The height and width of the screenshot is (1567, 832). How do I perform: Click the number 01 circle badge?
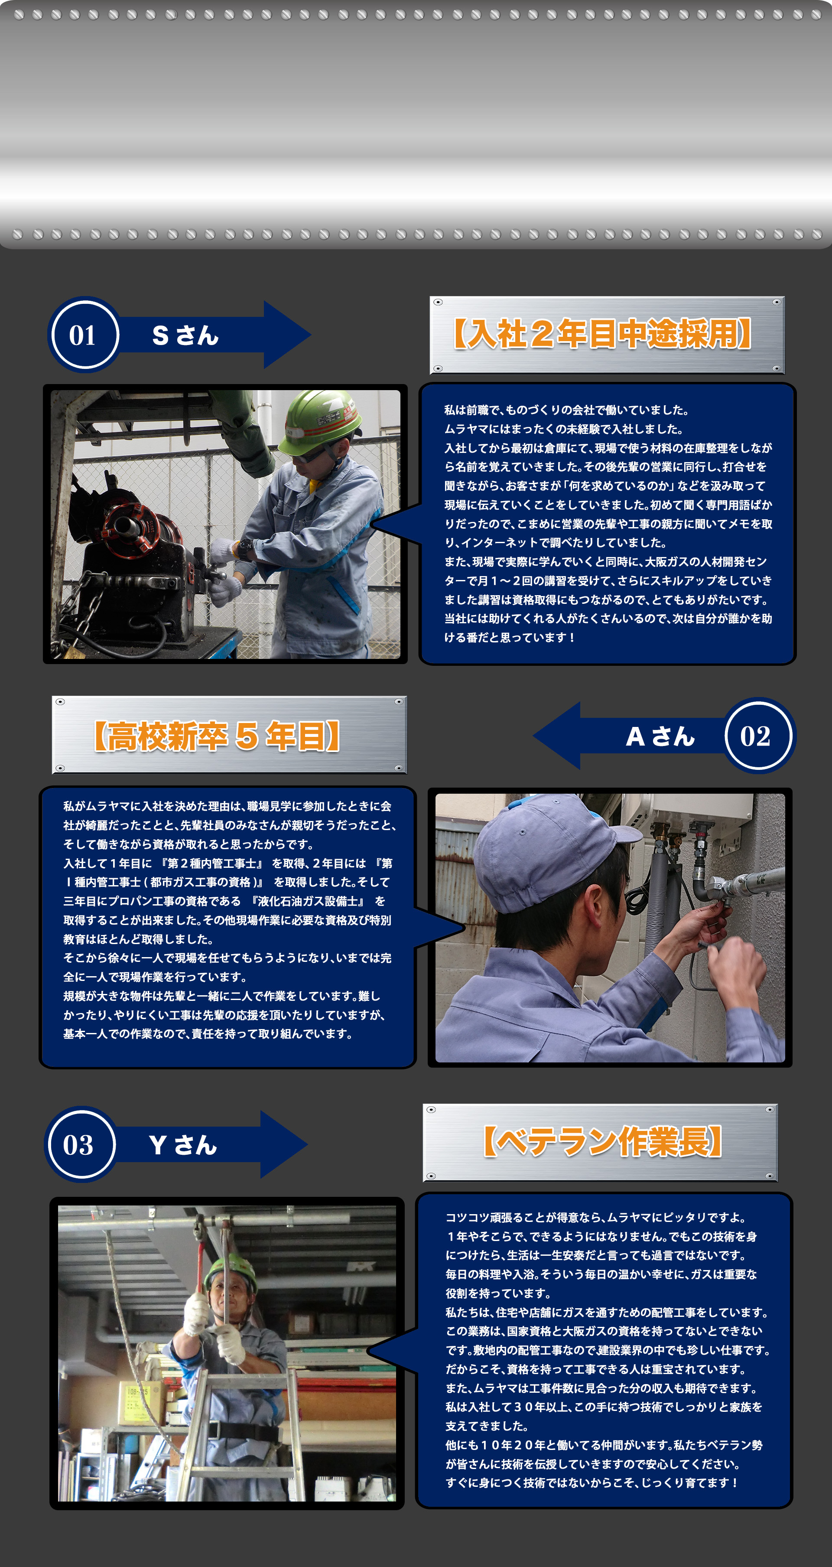pos(83,335)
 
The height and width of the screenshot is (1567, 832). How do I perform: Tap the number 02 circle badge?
pos(757,736)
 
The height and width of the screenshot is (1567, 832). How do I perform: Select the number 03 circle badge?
pos(79,1145)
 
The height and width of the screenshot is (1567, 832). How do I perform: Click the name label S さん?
pos(185,335)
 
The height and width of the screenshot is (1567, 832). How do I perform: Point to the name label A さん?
pos(660,736)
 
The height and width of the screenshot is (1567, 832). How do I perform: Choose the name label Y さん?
pos(182,1145)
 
